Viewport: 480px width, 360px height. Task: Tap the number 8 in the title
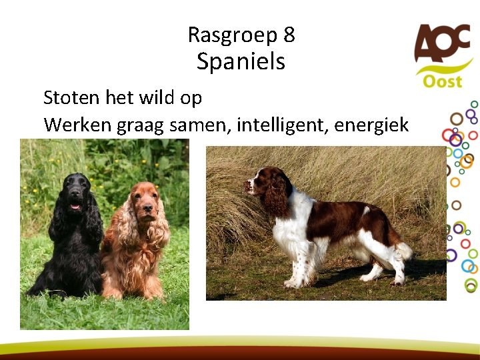289,34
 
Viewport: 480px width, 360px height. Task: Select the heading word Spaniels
241,62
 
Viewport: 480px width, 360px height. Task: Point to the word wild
155,98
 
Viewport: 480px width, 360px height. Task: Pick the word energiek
374,125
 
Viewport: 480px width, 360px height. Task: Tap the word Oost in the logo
442,81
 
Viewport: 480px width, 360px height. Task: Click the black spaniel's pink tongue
75,207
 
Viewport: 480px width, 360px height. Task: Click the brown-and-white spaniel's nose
247,185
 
